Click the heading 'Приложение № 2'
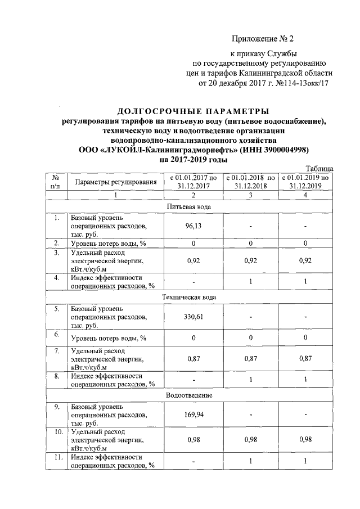[263, 39]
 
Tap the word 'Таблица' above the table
[319, 168]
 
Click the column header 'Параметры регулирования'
[115, 182]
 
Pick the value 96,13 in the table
[193, 226]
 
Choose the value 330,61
[193, 316]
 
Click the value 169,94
[193, 415]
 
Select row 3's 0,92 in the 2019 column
[305, 261]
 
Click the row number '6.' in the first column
[57, 334]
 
